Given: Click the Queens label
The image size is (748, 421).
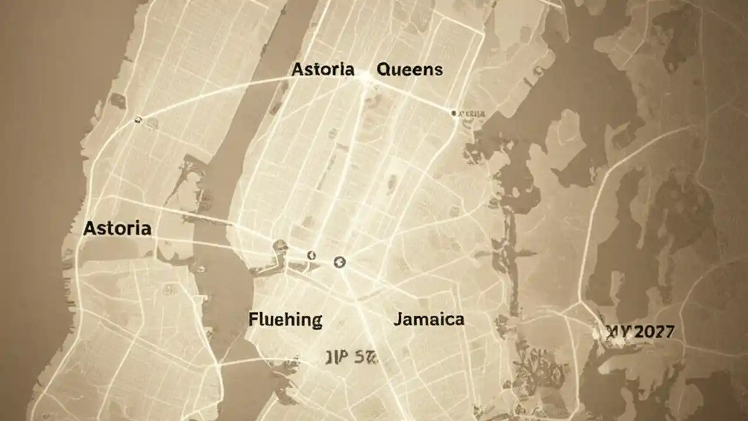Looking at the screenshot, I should (x=410, y=70).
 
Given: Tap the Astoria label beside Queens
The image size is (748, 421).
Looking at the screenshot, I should (x=323, y=70).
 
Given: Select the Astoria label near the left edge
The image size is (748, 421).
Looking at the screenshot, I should (x=117, y=228).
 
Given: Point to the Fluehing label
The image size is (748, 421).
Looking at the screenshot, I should (x=285, y=320).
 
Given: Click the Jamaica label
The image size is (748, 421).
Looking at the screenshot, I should (x=429, y=319).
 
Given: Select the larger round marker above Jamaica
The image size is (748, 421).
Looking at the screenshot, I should (x=340, y=263).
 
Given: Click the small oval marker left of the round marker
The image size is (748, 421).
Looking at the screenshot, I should (x=311, y=255).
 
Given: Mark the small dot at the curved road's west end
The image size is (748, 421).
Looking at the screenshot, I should (x=138, y=120).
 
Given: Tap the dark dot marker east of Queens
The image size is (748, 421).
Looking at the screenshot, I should (x=453, y=112).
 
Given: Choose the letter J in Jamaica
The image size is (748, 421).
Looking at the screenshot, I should (x=397, y=320).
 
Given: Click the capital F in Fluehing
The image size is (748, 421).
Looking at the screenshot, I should (x=253, y=320).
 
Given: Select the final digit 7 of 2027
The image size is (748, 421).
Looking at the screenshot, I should (x=669, y=332).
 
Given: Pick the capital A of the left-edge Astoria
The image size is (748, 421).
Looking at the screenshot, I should (x=89, y=228).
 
